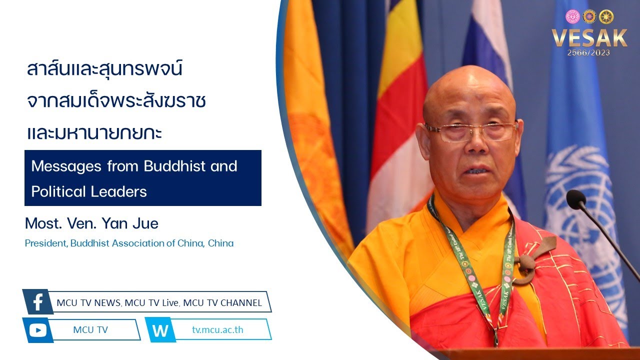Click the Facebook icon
37,301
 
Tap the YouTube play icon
37,330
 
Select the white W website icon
160,330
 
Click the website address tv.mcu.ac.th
217,329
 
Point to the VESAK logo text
589,38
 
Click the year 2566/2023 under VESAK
588,53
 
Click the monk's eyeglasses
471,132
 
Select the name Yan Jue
130,223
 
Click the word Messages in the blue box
66,166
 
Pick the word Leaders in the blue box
118,191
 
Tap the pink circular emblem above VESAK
572,16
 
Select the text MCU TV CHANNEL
222,303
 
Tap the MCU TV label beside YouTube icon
90,329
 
